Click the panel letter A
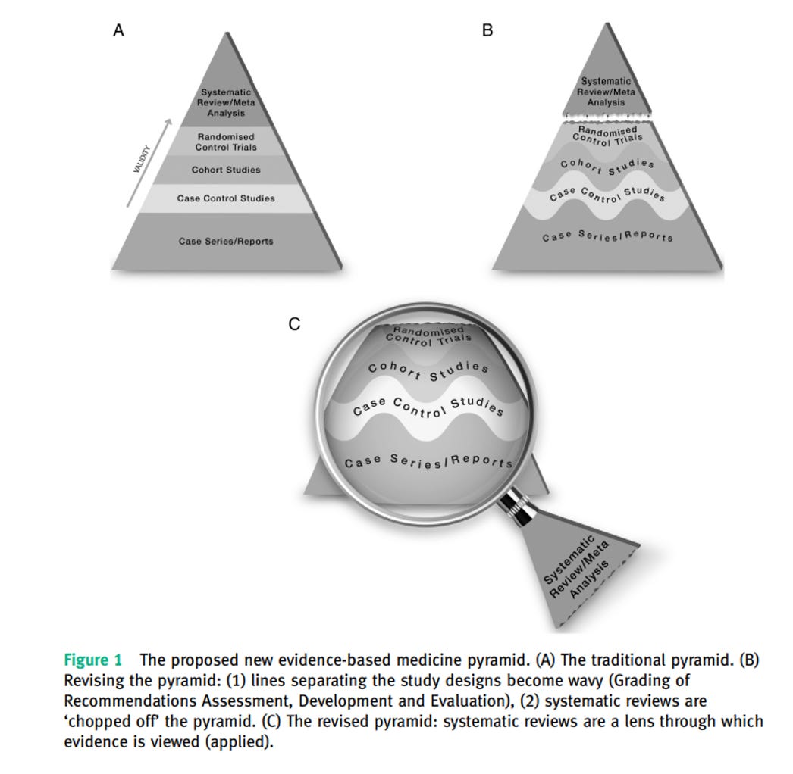(x=118, y=31)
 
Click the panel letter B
(x=487, y=31)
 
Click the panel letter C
(x=295, y=324)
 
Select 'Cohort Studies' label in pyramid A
(x=226, y=170)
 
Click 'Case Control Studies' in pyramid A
(x=226, y=198)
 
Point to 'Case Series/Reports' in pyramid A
(x=226, y=241)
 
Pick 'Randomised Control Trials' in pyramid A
(x=226, y=142)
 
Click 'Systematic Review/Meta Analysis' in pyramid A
(x=226, y=103)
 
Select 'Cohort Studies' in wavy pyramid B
(x=607, y=167)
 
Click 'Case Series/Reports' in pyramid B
(x=607, y=236)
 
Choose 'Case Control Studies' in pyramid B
(x=607, y=193)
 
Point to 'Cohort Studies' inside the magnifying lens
(x=428, y=371)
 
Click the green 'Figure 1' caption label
(x=92, y=660)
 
